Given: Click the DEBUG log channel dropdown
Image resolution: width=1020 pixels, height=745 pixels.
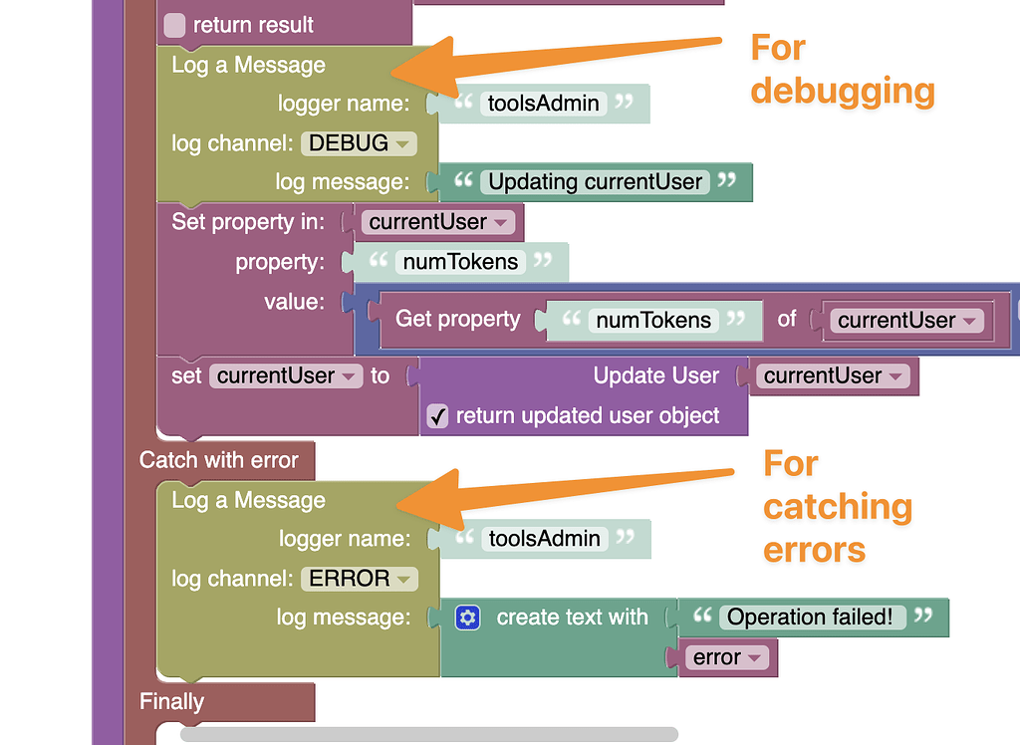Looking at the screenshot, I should (x=359, y=143).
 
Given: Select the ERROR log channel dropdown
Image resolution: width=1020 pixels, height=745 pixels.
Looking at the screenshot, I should (x=359, y=579).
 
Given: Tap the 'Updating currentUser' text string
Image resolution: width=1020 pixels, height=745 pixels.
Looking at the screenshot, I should (x=596, y=182).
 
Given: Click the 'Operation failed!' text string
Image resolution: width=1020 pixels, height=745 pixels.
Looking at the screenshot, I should (x=810, y=617).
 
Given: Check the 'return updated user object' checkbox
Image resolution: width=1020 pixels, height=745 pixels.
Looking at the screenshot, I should (x=437, y=416).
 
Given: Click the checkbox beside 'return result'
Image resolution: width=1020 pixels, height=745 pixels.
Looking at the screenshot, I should (x=174, y=25).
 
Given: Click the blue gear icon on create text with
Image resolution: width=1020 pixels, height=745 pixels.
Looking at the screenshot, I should (x=468, y=618).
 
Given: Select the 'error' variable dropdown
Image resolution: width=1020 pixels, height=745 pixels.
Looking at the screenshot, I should (x=727, y=657).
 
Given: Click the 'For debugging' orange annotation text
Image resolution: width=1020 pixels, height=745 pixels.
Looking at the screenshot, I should (x=842, y=69).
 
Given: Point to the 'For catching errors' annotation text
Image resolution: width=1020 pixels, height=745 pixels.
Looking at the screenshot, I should (x=837, y=506).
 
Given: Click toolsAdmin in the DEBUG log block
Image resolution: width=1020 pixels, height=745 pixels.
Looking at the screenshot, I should (x=544, y=103).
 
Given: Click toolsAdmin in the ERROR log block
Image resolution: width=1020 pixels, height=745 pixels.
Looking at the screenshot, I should (x=545, y=539).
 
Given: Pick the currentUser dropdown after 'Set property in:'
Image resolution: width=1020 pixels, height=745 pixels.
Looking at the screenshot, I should (x=438, y=222).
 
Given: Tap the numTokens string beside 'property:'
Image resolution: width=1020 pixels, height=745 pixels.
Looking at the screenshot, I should (x=460, y=262).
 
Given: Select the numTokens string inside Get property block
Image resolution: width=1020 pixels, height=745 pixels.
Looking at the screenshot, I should (x=653, y=320).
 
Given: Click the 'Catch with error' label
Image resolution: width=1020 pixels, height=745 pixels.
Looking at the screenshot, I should (x=219, y=460).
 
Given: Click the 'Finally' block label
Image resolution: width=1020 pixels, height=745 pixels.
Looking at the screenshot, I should (x=171, y=701).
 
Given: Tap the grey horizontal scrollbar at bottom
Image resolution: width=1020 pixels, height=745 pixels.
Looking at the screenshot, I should (x=428, y=735).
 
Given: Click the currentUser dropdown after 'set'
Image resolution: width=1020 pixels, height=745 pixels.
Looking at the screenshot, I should (x=286, y=376).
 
